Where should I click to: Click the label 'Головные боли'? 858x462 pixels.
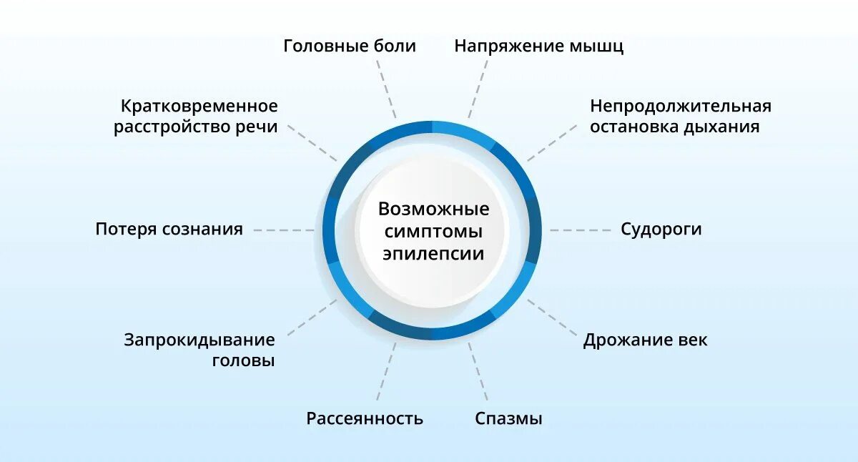pyautogui.click(x=349, y=46)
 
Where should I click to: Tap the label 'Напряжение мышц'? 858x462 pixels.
pyautogui.click(x=539, y=46)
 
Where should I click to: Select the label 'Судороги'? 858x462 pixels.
pyautogui.click(x=661, y=230)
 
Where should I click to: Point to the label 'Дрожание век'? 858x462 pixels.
pyautogui.click(x=645, y=340)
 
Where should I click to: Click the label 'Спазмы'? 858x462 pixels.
pyautogui.click(x=508, y=418)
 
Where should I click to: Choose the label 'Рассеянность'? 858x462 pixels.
pyautogui.click(x=365, y=418)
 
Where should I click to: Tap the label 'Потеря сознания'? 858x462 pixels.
pyautogui.click(x=169, y=230)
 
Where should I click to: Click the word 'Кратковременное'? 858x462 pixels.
pyautogui.click(x=199, y=107)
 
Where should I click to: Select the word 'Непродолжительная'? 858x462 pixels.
pyautogui.click(x=681, y=107)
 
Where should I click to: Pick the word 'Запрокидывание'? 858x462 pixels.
pyautogui.click(x=199, y=340)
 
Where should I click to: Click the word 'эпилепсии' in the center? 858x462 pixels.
pyautogui.click(x=433, y=254)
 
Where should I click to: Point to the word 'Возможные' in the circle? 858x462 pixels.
pyautogui.click(x=433, y=210)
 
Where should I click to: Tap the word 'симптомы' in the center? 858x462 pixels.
pyautogui.click(x=433, y=232)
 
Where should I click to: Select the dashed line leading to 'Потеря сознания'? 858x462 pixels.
pyautogui.click(x=284, y=230)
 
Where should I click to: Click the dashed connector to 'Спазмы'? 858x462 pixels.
pyautogui.click(x=478, y=372)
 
